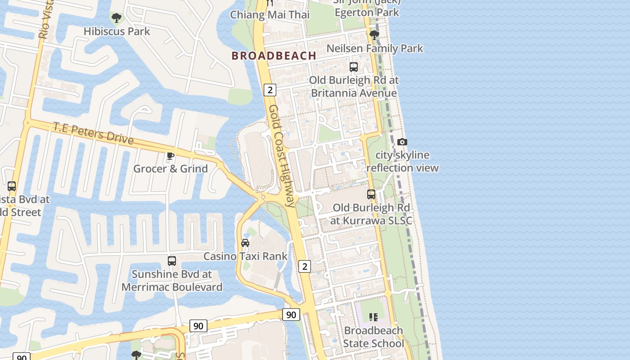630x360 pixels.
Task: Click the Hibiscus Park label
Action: coord(117,31)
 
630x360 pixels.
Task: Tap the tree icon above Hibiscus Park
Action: coord(117,18)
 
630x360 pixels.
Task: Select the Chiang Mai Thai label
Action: coord(270,15)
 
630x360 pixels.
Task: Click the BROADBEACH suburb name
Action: coord(274,56)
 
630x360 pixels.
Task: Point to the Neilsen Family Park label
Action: coord(374,48)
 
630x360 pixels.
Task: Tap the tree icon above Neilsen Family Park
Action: coord(374,35)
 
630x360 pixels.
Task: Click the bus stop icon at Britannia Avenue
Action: coord(354,67)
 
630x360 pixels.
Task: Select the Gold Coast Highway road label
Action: coord(282,156)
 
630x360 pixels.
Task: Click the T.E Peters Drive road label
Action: coord(94,133)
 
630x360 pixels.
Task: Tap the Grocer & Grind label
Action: coord(171,169)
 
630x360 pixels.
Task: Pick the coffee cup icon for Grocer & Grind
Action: coord(171,156)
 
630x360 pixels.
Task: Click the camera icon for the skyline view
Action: coord(402,142)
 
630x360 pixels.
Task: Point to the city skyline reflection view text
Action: coord(402,162)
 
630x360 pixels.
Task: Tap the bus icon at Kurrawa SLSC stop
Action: coord(371,194)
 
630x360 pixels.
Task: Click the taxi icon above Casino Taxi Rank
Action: coord(245,243)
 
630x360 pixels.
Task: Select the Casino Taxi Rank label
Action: coord(245,256)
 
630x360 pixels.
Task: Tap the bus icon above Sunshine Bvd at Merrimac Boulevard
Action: coord(172,261)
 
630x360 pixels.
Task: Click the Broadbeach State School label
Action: coord(373,337)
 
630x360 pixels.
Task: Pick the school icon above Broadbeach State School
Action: coord(373,317)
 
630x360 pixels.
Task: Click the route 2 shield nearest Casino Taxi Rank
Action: coord(305,266)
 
